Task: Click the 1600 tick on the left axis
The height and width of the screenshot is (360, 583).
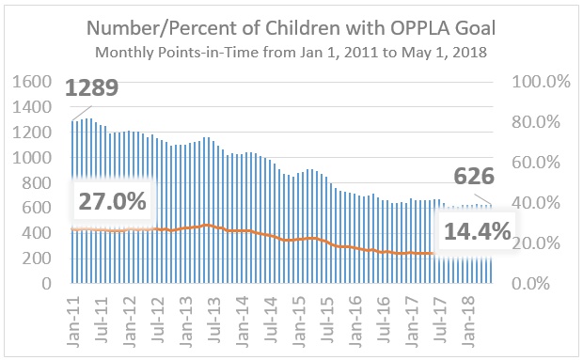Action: [34, 82]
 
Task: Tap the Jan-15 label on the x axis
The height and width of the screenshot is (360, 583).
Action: [296, 313]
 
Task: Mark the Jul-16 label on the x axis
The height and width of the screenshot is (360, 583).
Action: [384, 313]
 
